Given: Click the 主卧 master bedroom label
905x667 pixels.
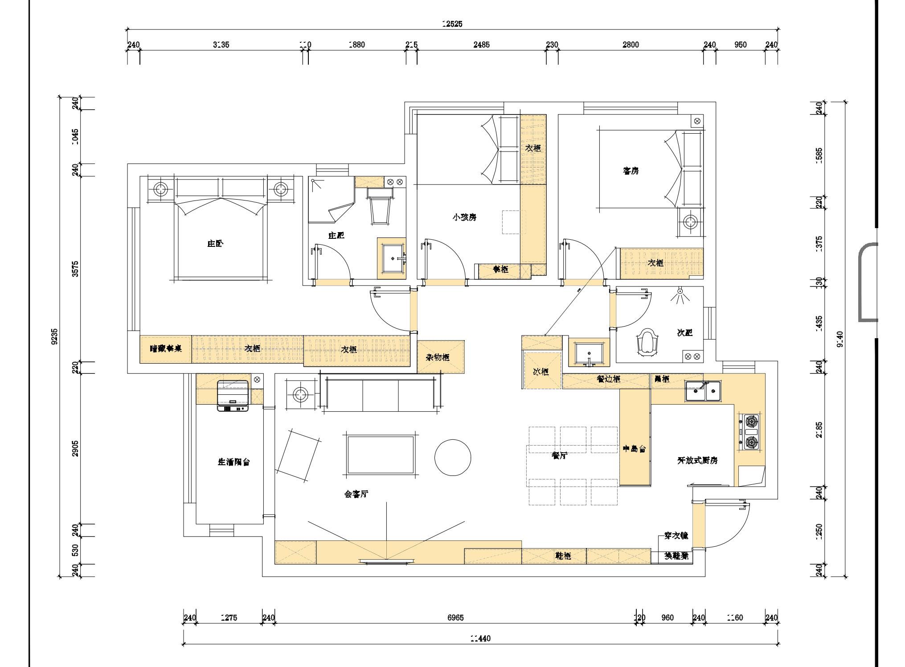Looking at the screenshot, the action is (215, 244).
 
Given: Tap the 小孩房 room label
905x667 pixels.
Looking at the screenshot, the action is (464, 217).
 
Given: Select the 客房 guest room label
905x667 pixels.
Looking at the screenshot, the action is (631, 171).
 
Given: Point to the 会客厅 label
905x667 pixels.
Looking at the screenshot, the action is (356, 494).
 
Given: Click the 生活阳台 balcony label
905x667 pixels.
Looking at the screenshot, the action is (233, 462).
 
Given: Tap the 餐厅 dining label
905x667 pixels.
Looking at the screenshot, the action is (559, 455).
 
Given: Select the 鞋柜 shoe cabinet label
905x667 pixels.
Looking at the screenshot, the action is (563, 556).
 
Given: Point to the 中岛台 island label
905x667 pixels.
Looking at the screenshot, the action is (634, 449).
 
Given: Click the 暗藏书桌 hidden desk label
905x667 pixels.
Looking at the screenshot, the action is (166, 349).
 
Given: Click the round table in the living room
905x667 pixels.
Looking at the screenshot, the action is (452, 457).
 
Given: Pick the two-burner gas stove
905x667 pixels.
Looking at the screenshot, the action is (751, 431).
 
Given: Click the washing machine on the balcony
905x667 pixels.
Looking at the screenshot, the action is (233, 396).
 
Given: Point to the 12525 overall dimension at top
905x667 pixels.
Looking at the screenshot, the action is (452, 24).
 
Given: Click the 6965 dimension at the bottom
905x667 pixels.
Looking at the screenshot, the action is (455, 618).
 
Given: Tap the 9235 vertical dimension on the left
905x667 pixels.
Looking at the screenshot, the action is (54, 337).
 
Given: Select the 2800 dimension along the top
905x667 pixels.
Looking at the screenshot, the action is (631, 45).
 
